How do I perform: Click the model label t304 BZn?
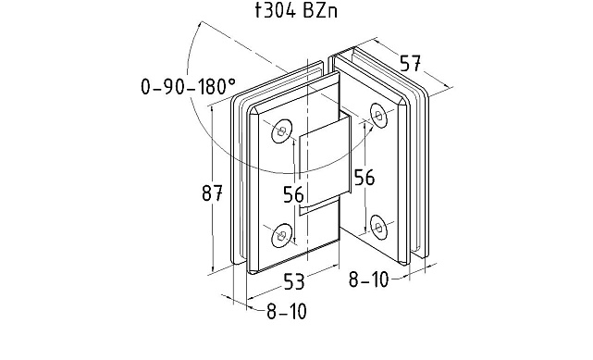(296, 10)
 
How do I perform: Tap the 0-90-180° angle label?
(188, 86)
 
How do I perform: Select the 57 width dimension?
(411, 63)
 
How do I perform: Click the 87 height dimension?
(212, 192)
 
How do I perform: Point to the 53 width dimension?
(294, 281)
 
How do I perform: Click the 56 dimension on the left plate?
(293, 194)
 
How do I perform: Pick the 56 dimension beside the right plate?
(364, 177)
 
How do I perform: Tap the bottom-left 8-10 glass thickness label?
(287, 312)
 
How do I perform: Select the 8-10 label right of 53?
(369, 279)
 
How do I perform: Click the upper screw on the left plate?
(282, 131)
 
